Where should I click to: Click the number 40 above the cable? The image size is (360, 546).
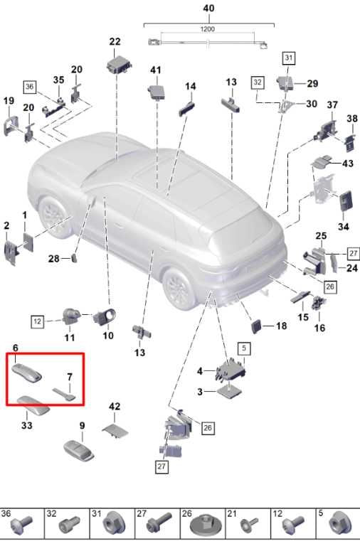coord(208,8)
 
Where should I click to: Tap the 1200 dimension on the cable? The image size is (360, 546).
coord(207,29)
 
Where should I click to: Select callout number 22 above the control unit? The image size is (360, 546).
coord(115,41)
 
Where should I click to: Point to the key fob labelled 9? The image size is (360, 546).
coord(79,450)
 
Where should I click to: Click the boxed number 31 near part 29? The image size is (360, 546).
coord(289,58)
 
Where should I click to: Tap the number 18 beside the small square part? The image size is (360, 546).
coord(281,326)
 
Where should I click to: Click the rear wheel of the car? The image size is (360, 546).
coord(179,287)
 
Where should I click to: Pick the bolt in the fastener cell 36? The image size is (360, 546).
coord(21,525)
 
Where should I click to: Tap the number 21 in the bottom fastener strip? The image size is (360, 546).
coord(232,513)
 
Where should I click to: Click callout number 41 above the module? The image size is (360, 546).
coord(155,70)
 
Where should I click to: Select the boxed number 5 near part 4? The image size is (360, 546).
coord(244,348)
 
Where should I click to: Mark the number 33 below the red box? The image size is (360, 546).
coord(26,425)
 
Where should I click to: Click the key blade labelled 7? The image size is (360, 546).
coord(64,395)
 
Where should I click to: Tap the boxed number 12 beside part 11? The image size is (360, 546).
coord(37,321)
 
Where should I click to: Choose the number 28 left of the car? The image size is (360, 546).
coord(53,259)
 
